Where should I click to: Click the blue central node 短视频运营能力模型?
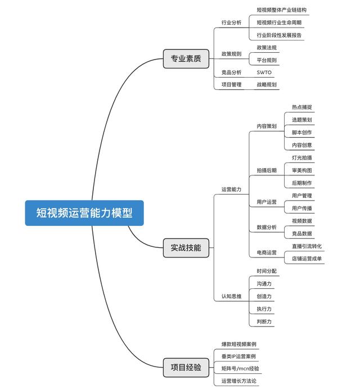(x=84, y=213)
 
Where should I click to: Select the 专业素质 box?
(x=186, y=58)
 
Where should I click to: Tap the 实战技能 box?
(x=186, y=247)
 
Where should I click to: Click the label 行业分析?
(x=231, y=22)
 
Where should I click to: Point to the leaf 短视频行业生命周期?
(x=279, y=22)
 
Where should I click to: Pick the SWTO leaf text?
(x=264, y=73)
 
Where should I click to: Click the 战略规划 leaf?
(x=266, y=85)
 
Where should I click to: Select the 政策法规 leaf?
(x=266, y=48)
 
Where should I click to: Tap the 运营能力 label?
(x=231, y=189)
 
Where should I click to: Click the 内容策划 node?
(x=266, y=126)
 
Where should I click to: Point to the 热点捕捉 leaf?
(x=301, y=107)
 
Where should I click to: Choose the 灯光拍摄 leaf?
(x=301, y=158)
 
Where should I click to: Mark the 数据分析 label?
(x=266, y=227)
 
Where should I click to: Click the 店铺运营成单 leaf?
(x=307, y=259)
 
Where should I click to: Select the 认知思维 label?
(x=231, y=296)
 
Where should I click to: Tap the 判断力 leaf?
(x=264, y=322)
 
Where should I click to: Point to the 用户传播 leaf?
(x=301, y=209)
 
